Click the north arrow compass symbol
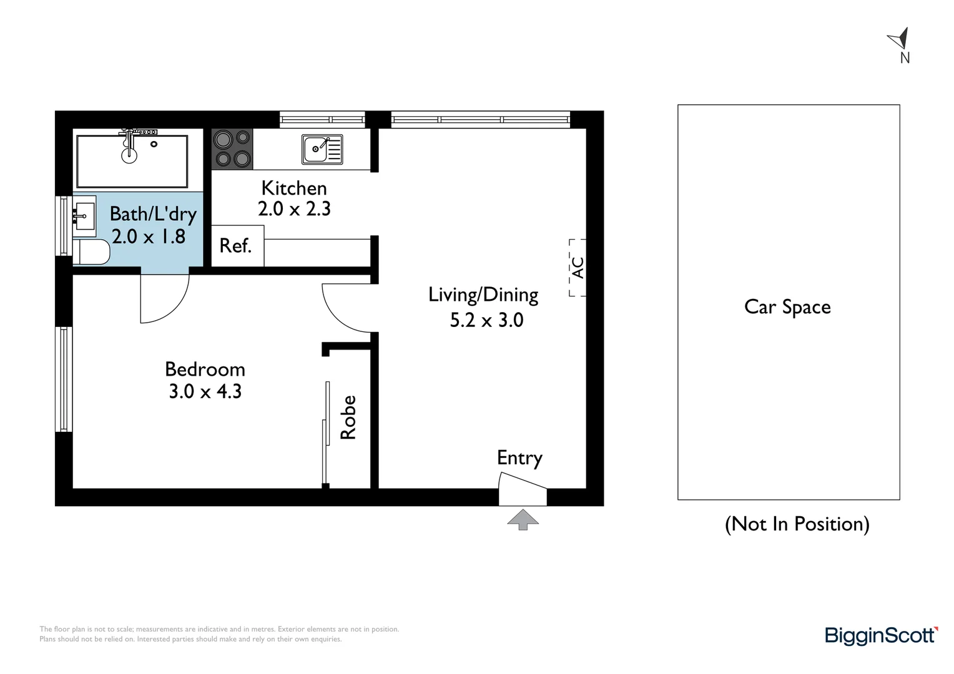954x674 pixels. tap(899, 39)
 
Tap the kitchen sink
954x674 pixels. tap(322, 149)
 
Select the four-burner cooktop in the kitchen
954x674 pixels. tap(232, 149)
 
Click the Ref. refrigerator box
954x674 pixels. tap(237, 246)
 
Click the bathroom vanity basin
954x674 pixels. tap(84, 216)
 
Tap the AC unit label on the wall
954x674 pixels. tap(578, 268)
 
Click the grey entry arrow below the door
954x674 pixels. tap(523, 519)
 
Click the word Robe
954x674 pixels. tap(348, 418)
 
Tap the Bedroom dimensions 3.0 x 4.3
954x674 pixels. tap(205, 391)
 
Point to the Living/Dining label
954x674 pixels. tap(483, 295)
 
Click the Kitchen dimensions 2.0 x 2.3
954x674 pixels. tap(294, 209)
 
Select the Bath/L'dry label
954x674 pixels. tap(153, 214)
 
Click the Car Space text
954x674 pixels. tap(787, 307)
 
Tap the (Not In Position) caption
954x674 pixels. tap(797, 524)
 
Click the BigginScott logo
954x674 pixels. tap(881, 636)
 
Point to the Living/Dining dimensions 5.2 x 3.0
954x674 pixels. tap(486, 320)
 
